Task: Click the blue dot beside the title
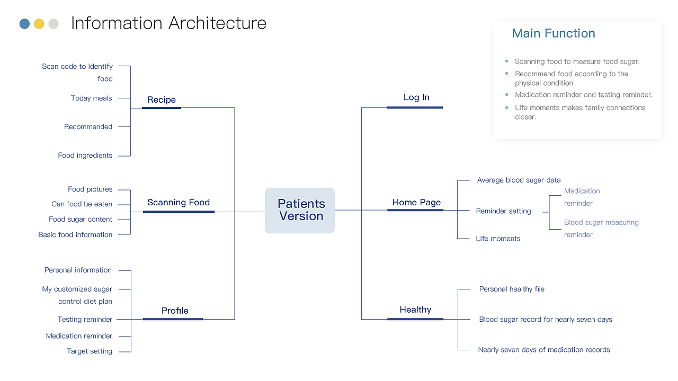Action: click(24, 24)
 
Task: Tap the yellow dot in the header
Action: click(39, 24)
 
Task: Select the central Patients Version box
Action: click(300, 210)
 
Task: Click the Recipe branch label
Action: click(162, 100)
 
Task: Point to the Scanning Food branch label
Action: click(179, 203)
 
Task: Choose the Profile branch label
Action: click(175, 311)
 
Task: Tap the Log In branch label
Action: click(416, 97)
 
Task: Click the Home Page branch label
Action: click(416, 203)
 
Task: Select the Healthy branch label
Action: click(415, 310)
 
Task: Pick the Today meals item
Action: click(91, 98)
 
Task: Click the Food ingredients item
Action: click(85, 156)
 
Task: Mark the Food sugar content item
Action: click(81, 220)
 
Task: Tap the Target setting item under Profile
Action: click(90, 351)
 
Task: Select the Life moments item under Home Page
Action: click(498, 239)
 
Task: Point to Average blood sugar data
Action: click(519, 180)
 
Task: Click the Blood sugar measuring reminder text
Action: click(601, 229)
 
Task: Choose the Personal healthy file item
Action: click(512, 289)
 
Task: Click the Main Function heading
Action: click(554, 33)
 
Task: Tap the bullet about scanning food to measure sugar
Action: click(577, 62)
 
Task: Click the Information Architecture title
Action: click(168, 23)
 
